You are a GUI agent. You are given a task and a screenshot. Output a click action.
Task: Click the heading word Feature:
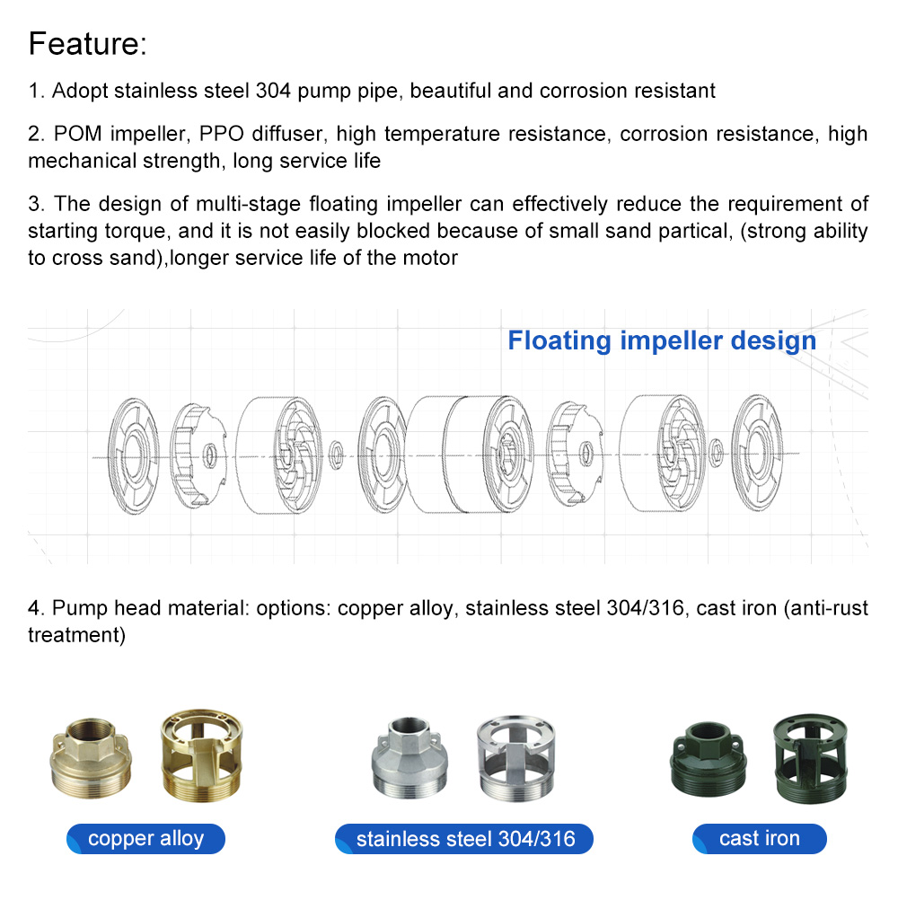[87, 44]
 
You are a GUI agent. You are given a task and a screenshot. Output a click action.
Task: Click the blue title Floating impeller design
[662, 341]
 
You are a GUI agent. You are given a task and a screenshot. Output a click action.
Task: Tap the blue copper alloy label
[145, 839]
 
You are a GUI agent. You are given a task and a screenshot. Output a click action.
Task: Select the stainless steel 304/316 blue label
[463, 839]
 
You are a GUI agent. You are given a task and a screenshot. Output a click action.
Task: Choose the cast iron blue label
[759, 839]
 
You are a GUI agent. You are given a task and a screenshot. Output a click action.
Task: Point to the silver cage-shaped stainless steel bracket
[518, 755]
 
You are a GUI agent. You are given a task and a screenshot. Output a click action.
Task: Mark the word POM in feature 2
[75, 135]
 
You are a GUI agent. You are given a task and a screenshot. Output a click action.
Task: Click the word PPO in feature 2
[222, 135]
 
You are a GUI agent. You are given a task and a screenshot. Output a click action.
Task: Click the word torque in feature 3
[139, 231]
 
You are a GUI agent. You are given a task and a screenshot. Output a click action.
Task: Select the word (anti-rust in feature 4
[826, 608]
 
